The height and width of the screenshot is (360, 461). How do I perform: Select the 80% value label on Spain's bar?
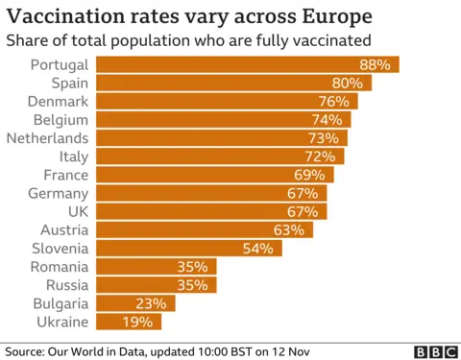pos(348,83)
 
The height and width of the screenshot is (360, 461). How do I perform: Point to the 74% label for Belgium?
pos(327,120)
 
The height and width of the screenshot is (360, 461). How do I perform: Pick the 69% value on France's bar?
pos(309,175)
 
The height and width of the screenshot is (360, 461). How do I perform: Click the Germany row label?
pos(58,193)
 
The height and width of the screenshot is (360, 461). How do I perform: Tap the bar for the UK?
pos(210,211)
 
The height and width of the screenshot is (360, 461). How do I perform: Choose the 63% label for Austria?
pos(288,230)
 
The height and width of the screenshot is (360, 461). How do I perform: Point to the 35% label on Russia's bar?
pos(193,285)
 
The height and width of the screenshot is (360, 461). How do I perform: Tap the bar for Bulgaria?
pos(135,303)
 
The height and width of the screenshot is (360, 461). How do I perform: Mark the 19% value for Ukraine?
pos(137,323)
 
